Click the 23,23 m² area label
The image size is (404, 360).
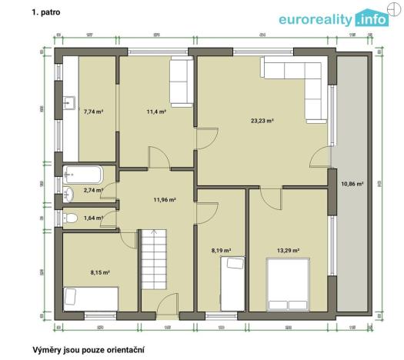click(x=262, y=121)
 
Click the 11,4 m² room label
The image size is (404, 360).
click(x=156, y=112)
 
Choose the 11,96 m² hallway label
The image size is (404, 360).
click(x=165, y=200)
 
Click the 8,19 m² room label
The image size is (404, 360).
click(x=222, y=250)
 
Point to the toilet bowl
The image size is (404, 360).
click(x=72, y=218)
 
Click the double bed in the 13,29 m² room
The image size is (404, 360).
click(x=289, y=281)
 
